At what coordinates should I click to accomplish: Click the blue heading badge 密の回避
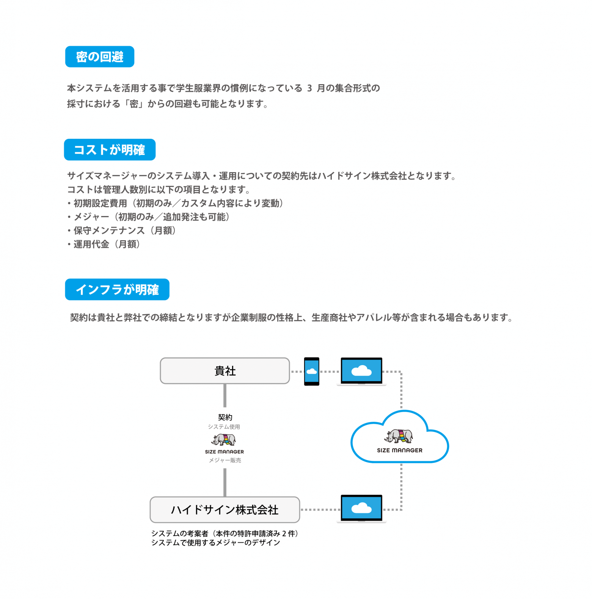pyautogui.click(x=100, y=57)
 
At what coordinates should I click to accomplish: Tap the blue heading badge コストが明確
pyautogui.click(x=110, y=150)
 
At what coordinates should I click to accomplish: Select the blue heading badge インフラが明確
pyautogui.click(x=117, y=290)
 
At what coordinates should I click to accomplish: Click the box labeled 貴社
pyautogui.click(x=225, y=371)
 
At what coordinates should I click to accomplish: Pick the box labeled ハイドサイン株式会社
pyautogui.click(x=225, y=510)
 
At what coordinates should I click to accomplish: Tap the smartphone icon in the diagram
pyautogui.click(x=312, y=372)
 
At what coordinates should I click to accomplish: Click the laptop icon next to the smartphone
pyautogui.click(x=361, y=371)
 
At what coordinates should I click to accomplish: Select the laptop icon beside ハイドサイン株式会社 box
pyautogui.click(x=361, y=508)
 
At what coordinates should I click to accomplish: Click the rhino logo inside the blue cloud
pyautogui.click(x=399, y=436)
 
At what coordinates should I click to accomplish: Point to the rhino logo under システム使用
pyautogui.click(x=224, y=440)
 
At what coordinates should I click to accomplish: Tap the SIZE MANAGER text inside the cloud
pyautogui.click(x=400, y=450)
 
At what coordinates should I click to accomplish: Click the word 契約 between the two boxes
pyautogui.click(x=225, y=417)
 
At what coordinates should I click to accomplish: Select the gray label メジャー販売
pyautogui.click(x=225, y=460)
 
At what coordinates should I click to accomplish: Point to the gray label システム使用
pyautogui.click(x=224, y=427)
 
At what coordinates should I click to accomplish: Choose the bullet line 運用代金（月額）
pyautogui.click(x=104, y=244)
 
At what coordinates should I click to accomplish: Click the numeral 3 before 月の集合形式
pyautogui.click(x=309, y=88)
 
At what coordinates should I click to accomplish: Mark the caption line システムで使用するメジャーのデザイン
pyautogui.click(x=215, y=543)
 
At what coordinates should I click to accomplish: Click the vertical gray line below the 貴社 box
pyautogui.click(x=225, y=395)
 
